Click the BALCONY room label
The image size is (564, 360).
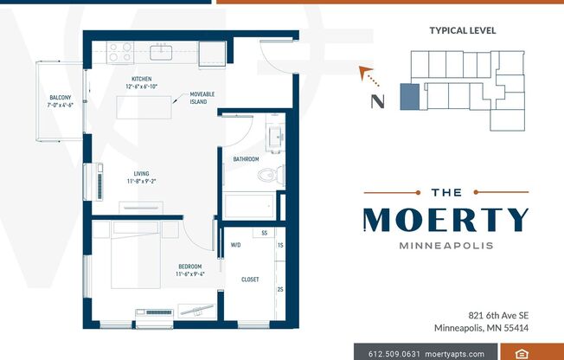click(x=60, y=97)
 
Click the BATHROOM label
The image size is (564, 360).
click(x=247, y=158)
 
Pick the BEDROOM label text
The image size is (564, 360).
click(x=189, y=266)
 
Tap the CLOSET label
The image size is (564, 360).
click(x=250, y=280)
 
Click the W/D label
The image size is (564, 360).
click(x=235, y=245)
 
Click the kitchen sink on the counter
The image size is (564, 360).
click(x=161, y=53)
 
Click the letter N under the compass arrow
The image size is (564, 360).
click(x=377, y=100)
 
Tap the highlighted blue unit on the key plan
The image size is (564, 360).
click(x=407, y=97)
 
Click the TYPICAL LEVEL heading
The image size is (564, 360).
click(x=463, y=30)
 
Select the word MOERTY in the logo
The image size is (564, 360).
click(x=445, y=220)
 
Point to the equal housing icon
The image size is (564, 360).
click(x=522, y=353)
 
